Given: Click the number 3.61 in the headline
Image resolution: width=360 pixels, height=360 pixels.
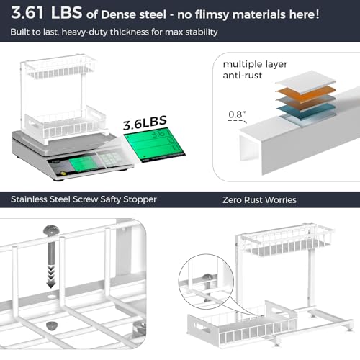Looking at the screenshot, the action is (27, 13).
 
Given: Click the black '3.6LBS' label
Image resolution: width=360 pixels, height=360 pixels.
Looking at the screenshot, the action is (145, 122).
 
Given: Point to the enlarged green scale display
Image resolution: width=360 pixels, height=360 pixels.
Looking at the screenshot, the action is (155, 145).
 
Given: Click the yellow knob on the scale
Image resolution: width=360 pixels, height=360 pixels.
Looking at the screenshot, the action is (63, 173).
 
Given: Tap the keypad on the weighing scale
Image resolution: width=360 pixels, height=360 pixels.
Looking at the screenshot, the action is (111, 158).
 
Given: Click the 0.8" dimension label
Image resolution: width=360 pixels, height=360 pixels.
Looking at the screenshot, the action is (237, 114).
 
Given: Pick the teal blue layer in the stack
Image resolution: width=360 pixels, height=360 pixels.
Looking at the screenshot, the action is (306, 111).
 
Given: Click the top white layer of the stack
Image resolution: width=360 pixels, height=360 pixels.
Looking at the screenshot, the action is (306, 81).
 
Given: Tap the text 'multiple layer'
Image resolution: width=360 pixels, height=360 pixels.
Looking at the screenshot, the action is (255, 64).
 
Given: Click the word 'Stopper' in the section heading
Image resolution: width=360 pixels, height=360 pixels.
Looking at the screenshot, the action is (140, 199).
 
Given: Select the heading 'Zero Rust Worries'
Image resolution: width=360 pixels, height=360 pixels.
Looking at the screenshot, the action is (259, 200).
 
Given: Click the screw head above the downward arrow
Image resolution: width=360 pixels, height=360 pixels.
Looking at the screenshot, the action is (50, 230).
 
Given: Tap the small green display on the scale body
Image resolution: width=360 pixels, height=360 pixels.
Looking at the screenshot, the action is (84, 163).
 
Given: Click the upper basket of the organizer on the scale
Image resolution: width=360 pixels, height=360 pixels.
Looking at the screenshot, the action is (60, 69).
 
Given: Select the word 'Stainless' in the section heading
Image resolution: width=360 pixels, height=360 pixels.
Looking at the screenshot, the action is (29, 199).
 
